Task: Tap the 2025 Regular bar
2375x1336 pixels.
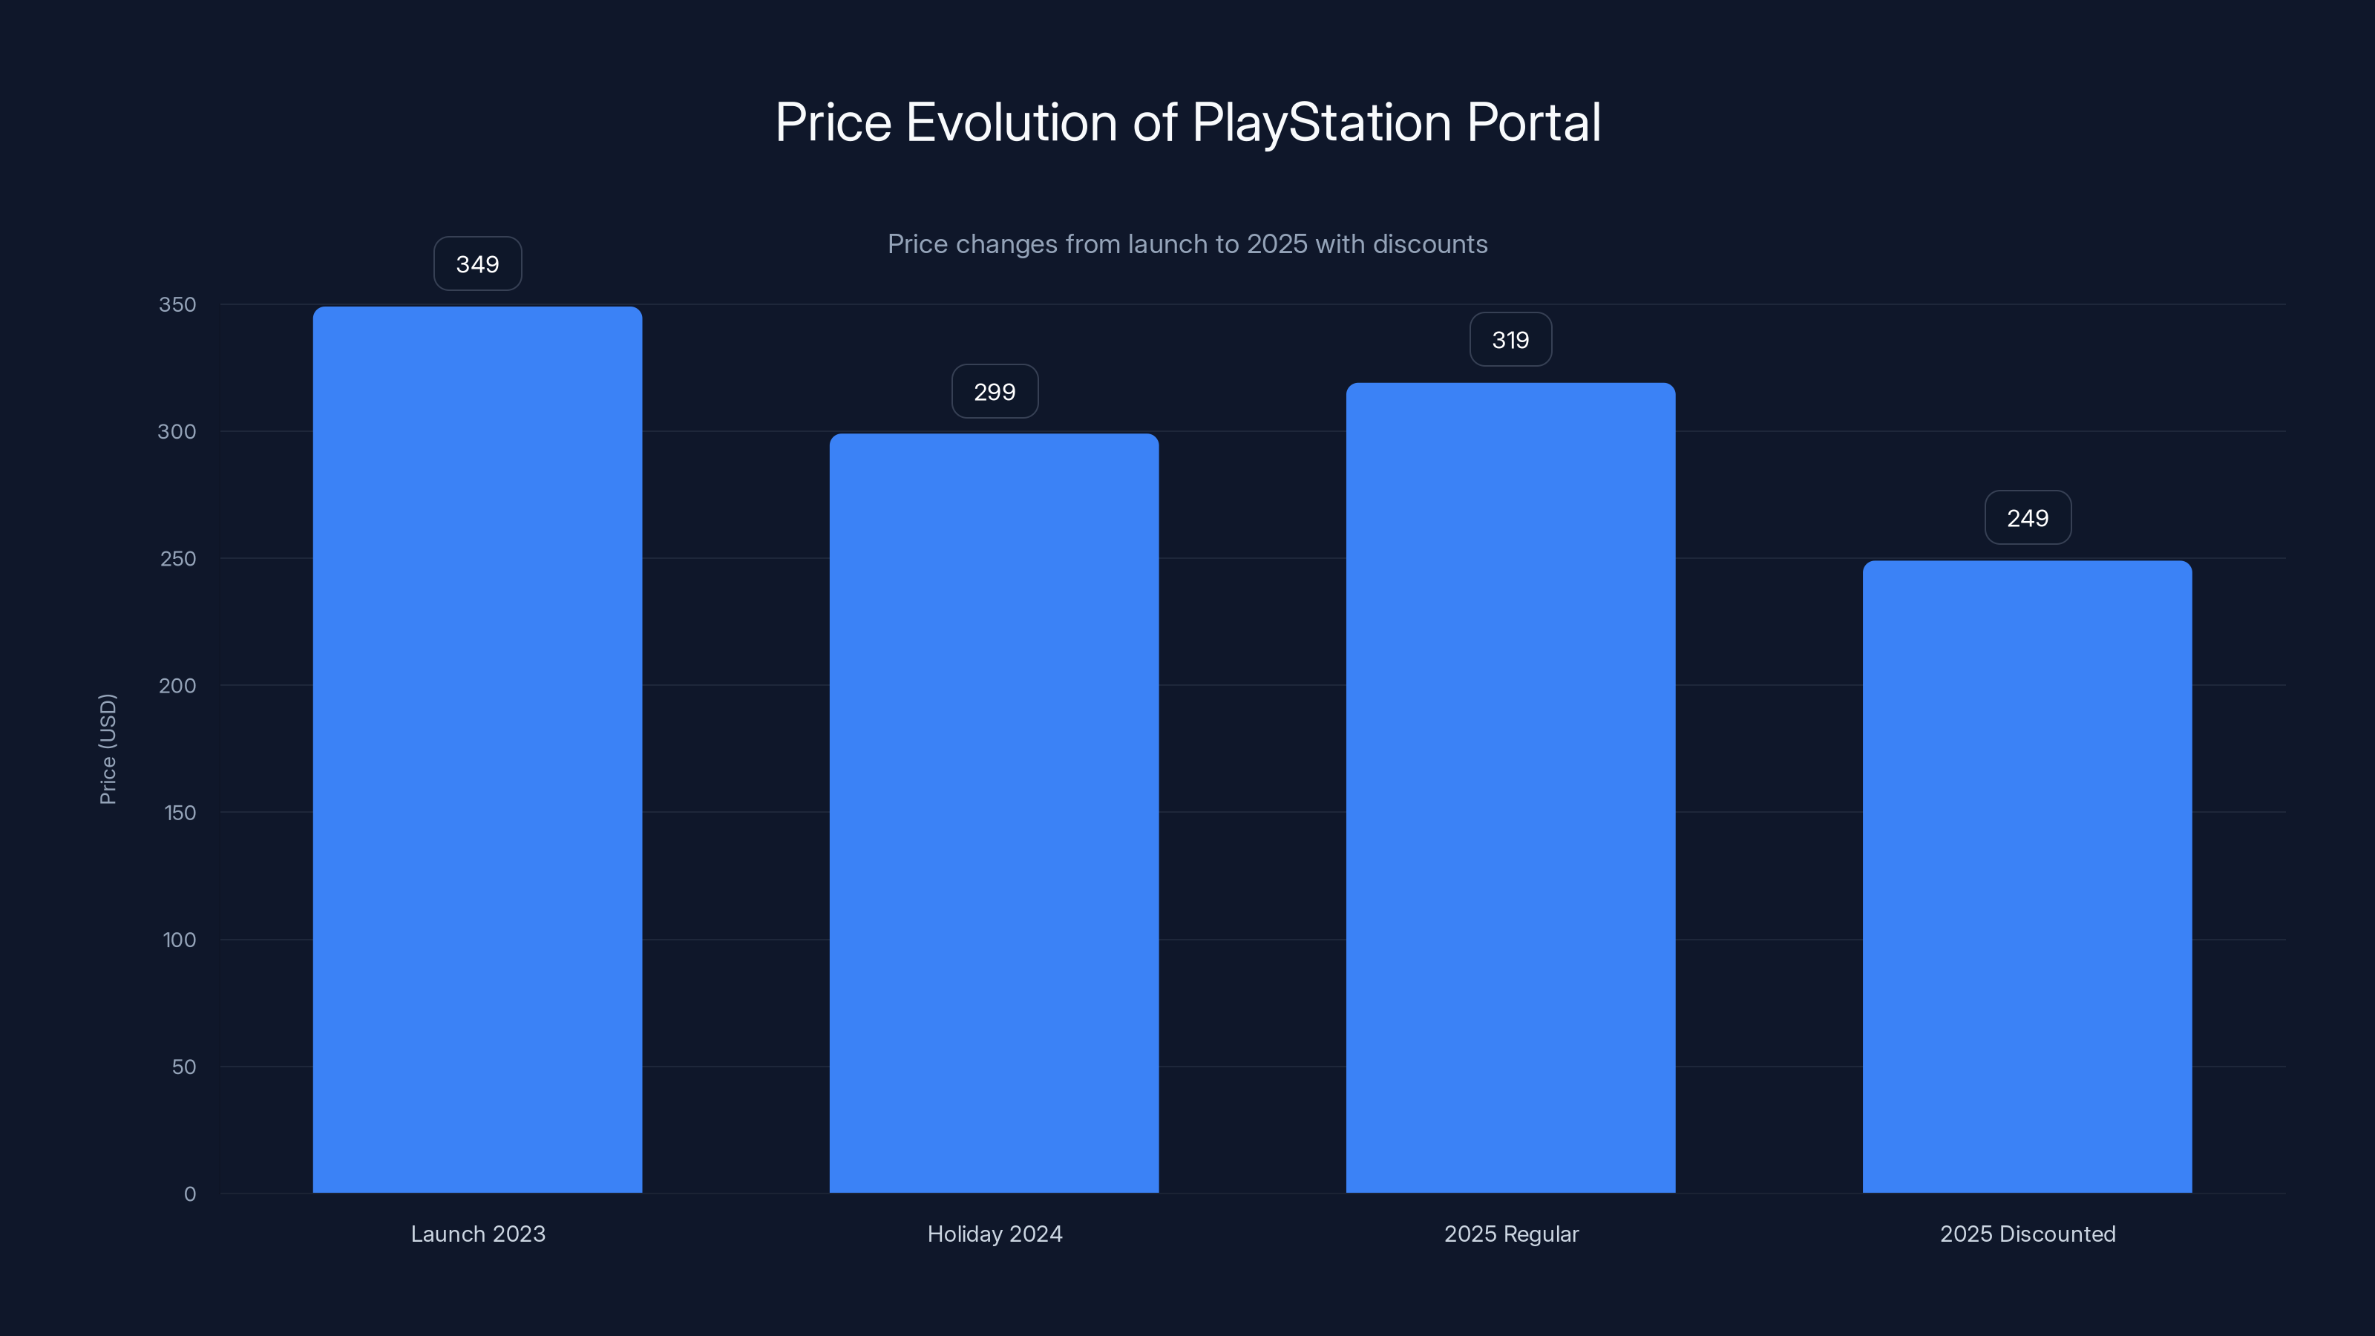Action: (x=1510, y=787)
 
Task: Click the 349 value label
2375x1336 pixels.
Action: (x=477, y=265)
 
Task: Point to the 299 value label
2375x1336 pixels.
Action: (x=995, y=392)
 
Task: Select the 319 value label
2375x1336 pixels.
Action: (x=1510, y=340)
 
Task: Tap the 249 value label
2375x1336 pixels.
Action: (x=2028, y=518)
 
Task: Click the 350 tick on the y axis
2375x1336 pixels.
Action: (x=177, y=305)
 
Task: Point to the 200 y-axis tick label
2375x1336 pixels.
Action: (x=177, y=686)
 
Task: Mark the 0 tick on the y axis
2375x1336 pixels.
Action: (x=190, y=1195)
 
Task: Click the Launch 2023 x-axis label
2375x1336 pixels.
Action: (x=477, y=1234)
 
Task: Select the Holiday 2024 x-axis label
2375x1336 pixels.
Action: (x=995, y=1234)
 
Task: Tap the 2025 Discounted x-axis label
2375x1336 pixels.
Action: (x=2028, y=1234)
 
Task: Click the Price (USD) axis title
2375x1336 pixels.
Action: (x=108, y=749)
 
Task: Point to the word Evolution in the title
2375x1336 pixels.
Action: (x=1012, y=122)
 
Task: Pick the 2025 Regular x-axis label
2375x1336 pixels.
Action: (x=1511, y=1234)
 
